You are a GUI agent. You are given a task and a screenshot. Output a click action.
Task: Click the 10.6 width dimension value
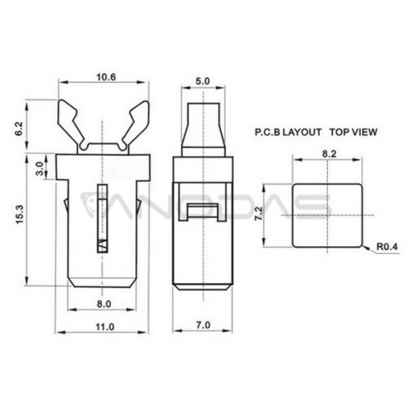coord(106,77)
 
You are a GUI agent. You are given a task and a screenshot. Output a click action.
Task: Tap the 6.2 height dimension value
coord(20,129)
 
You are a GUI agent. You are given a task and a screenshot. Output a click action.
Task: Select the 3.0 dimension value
coord(40,169)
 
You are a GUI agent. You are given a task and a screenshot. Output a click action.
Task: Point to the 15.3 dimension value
coord(20,215)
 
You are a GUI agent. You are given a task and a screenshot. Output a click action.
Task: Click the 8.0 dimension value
coord(104,303)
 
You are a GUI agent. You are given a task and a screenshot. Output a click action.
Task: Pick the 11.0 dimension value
coord(105,326)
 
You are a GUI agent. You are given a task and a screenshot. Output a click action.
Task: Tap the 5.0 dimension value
coord(203,81)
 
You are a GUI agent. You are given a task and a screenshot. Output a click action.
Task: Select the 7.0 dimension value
coord(203,326)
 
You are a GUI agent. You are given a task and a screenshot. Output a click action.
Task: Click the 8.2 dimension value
coord(329,154)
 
